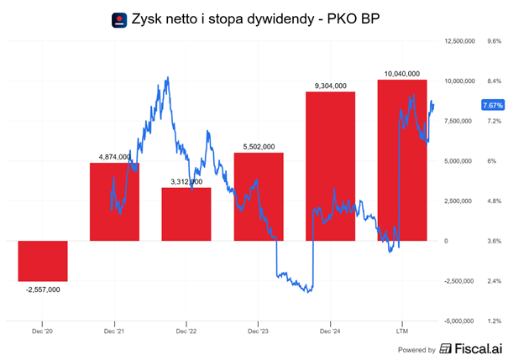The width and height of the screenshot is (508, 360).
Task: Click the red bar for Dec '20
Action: click(42, 261)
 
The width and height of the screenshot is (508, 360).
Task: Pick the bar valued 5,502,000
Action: click(258, 196)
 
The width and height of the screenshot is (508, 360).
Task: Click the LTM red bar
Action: click(402, 159)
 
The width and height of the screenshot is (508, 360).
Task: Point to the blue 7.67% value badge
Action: click(492, 105)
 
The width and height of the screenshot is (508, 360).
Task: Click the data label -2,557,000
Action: click(42, 289)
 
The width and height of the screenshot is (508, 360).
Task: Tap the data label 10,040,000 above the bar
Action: click(402, 73)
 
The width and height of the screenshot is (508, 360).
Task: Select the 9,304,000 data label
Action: click(330, 86)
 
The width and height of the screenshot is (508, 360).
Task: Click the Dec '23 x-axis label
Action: click(258, 332)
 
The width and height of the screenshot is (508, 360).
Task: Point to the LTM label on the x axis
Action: click(402, 332)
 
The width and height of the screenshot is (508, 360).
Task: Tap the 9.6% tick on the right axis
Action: click(494, 40)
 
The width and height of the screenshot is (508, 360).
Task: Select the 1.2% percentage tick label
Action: click(494, 321)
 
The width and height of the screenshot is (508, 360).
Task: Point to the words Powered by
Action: click(416, 350)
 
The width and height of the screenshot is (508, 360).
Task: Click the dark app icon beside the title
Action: click(120, 18)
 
